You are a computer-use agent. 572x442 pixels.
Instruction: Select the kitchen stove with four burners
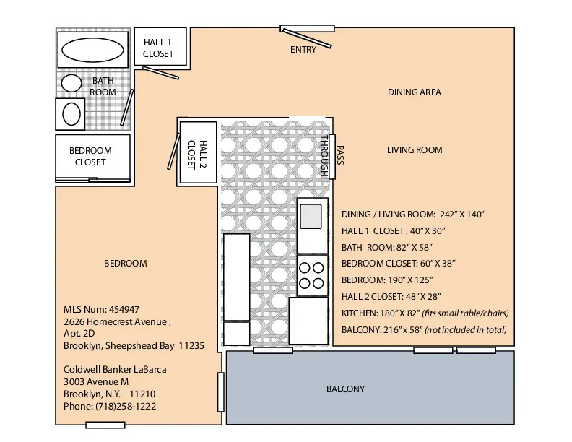pyautogui.click(x=312, y=274)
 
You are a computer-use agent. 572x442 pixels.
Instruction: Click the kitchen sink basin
pyautogui.click(x=312, y=214)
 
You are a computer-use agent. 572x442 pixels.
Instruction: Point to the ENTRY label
pyautogui.click(x=303, y=50)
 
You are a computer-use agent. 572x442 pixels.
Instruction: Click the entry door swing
pyautogui.click(x=307, y=38)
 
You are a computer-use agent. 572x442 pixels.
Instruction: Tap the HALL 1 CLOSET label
pyautogui.click(x=158, y=48)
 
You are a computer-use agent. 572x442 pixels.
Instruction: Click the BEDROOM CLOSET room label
pyautogui.click(x=90, y=157)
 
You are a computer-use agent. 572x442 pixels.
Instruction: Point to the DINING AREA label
pyautogui.click(x=414, y=92)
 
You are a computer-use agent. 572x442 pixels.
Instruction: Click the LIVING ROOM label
pyautogui.click(x=414, y=150)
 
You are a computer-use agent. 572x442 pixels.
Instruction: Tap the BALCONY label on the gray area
pyautogui.click(x=345, y=389)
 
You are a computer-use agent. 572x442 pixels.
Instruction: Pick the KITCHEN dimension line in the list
pyautogui.click(x=425, y=313)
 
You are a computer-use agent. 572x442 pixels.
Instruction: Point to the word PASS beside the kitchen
pyautogui.click(x=339, y=156)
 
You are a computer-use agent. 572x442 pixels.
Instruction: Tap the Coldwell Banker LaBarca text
pyautogui.click(x=116, y=370)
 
